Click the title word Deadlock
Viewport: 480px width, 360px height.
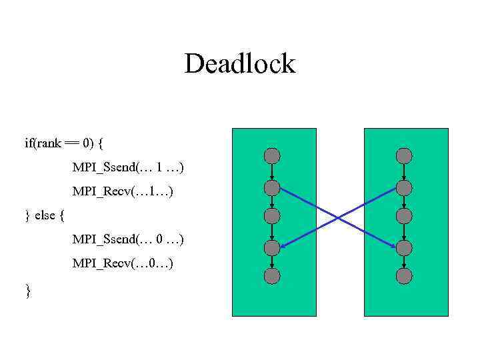point(239,64)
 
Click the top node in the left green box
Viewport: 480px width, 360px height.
point(272,156)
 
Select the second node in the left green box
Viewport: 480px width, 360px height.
point(272,187)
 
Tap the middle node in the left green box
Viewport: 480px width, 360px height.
point(272,216)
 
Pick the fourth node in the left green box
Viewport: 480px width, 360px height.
point(272,248)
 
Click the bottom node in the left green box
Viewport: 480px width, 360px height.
point(272,275)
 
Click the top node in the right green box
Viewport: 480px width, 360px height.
point(404,156)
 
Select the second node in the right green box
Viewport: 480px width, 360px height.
point(404,187)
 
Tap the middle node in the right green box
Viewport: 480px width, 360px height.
point(404,216)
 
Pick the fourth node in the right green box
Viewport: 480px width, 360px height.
point(404,248)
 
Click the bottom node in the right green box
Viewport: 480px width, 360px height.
point(404,275)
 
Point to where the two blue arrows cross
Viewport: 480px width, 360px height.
point(338,217)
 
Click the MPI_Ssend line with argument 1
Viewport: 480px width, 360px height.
point(128,167)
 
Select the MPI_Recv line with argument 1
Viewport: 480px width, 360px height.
point(123,191)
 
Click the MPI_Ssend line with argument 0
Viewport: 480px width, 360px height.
point(128,239)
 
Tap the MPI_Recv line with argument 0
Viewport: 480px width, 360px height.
point(123,263)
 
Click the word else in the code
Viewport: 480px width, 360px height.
point(45,215)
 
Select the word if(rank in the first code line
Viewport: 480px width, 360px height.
point(41,143)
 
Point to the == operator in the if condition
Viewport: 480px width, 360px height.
point(71,143)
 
